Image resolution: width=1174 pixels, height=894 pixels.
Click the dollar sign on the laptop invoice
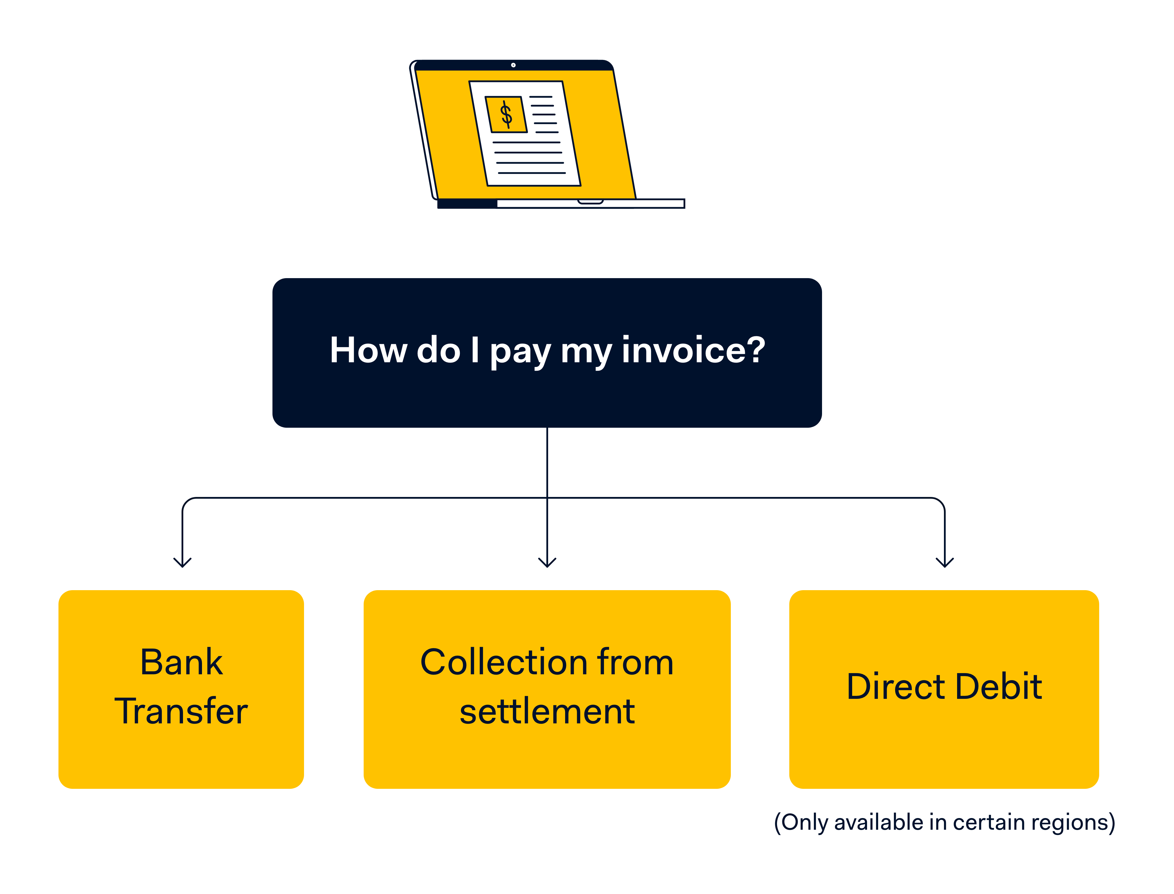[x=506, y=115]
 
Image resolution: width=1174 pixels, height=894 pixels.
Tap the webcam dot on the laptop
[x=513, y=65]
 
